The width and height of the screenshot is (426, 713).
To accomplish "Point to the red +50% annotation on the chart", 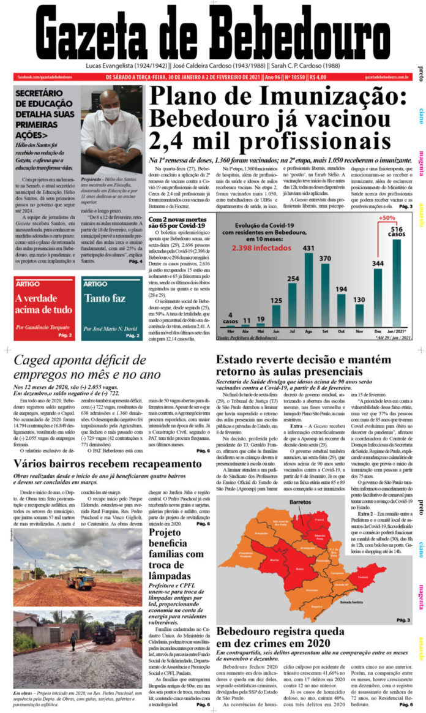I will pyautogui.click(x=387, y=219).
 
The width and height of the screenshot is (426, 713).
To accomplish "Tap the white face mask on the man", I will pyautogui.click(x=111, y=113).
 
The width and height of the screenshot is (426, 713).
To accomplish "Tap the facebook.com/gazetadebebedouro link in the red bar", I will pyautogui.click(x=45, y=77).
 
